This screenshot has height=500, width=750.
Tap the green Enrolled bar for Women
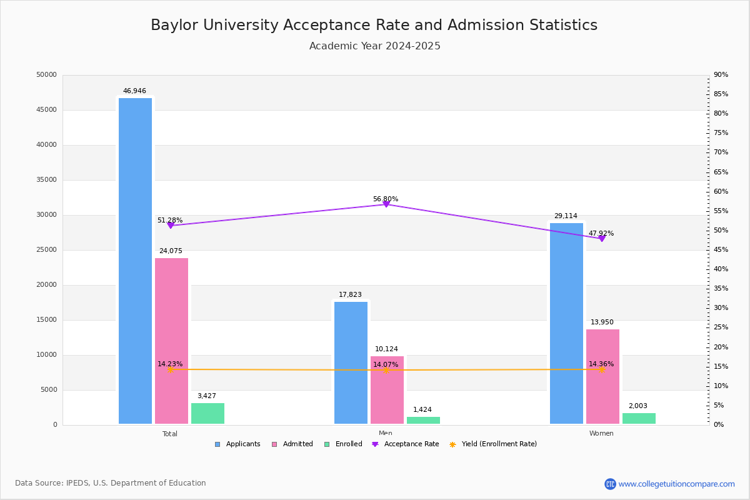pyautogui.click(x=639, y=418)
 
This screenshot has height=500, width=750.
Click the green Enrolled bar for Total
pyautogui.click(x=207, y=413)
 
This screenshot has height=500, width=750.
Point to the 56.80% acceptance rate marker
pyautogui.click(x=386, y=204)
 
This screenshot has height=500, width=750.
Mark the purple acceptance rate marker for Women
pyautogui.click(x=601, y=238)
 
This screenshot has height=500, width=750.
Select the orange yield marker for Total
pyautogui.click(x=170, y=369)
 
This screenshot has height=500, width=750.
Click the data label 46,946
pyautogui.click(x=134, y=91)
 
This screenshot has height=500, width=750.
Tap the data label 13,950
pyautogui.click(x=602, y=322)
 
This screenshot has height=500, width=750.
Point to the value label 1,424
pyautogui.click(x=422, y=410)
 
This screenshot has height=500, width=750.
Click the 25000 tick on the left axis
pyautogui.click(x=47, y=250)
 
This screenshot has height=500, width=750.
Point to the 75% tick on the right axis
pyautogui.click(x=721, y=133)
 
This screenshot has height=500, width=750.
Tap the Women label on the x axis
pyautogui.click(x=601, y=434)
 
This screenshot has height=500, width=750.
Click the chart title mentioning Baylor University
pyautogui.click(x=374, y=25)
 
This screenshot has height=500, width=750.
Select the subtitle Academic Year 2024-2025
pyautogui.click(x=374, y=46)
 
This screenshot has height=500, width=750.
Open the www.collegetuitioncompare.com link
pyautogui.click(x=676, y=484)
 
